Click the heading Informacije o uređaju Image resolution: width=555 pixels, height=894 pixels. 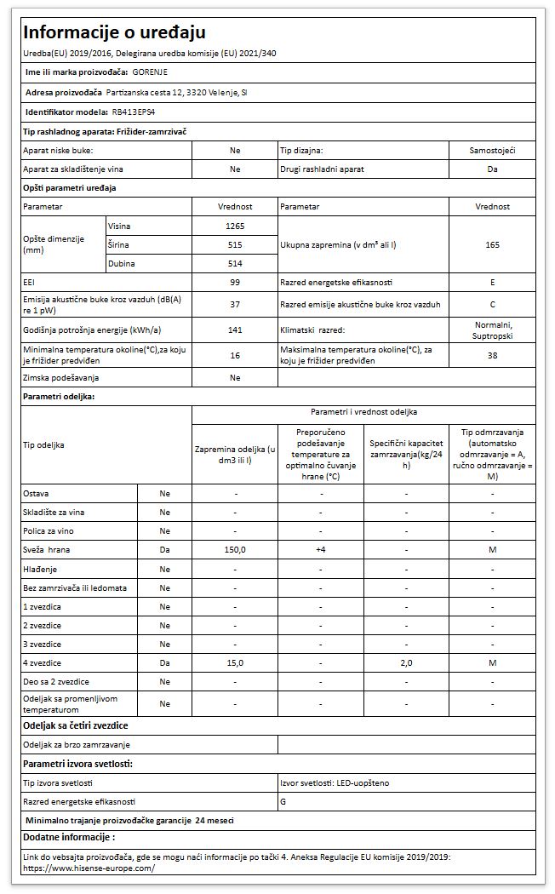[x=114, y=32]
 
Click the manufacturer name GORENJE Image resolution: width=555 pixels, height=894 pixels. [x=150, y=72]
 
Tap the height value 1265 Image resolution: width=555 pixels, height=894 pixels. [x=235, y=226]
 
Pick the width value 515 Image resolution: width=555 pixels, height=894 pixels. [x=235, y=244]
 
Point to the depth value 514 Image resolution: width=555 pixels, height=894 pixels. [x=235, y=264]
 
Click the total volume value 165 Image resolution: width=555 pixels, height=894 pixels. [x=492, y=244]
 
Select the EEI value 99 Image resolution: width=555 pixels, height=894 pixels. [x=235, y=282]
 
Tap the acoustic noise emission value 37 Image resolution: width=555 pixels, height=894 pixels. [x=235, y=304]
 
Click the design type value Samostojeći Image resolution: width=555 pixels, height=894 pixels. [x=492, y=150]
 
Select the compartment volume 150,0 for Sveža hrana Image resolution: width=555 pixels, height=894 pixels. [x=235, y=550]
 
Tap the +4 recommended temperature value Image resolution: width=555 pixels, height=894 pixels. [x=320, y=550]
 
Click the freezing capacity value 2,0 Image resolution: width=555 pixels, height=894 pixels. [x=406, y=662]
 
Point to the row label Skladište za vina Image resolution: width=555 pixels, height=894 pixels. [x=58, y=513]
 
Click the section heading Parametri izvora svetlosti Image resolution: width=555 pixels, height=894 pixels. [x=77, y=764]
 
